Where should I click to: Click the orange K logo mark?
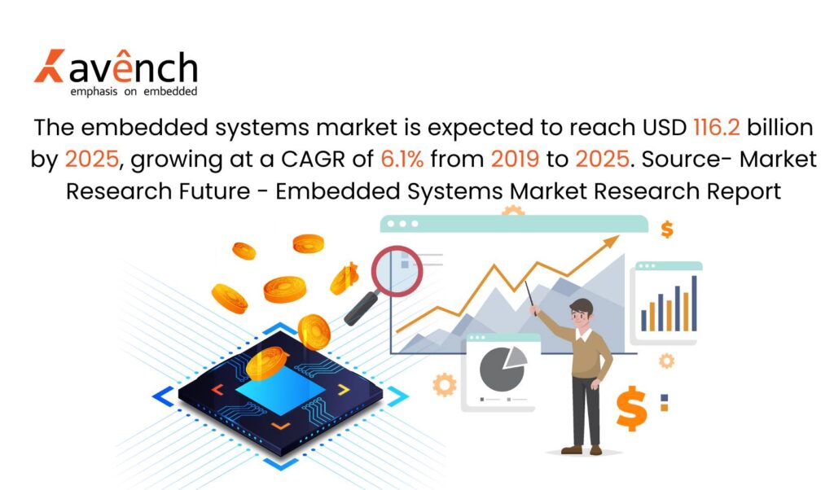click(x=49, y=66)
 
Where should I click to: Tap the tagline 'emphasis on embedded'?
click(x=134, y=91)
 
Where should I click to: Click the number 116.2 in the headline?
click(x=717, y=128)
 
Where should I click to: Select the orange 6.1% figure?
click(x=402, y=159)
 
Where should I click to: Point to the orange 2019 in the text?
click(x=515, y=159)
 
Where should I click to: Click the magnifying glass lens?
click(x=397, y=271)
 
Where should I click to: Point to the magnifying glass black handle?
click(x=361, y=308)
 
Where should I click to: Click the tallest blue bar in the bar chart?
click(x=694, y=304)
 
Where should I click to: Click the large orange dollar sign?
click(x=631, y=408)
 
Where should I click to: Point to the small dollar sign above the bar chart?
click(x=667, y=229)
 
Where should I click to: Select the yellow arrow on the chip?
click(x=345, y=390)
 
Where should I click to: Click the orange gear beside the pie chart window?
click(x=445, y=384)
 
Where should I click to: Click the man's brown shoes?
click(x=582, y=449)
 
